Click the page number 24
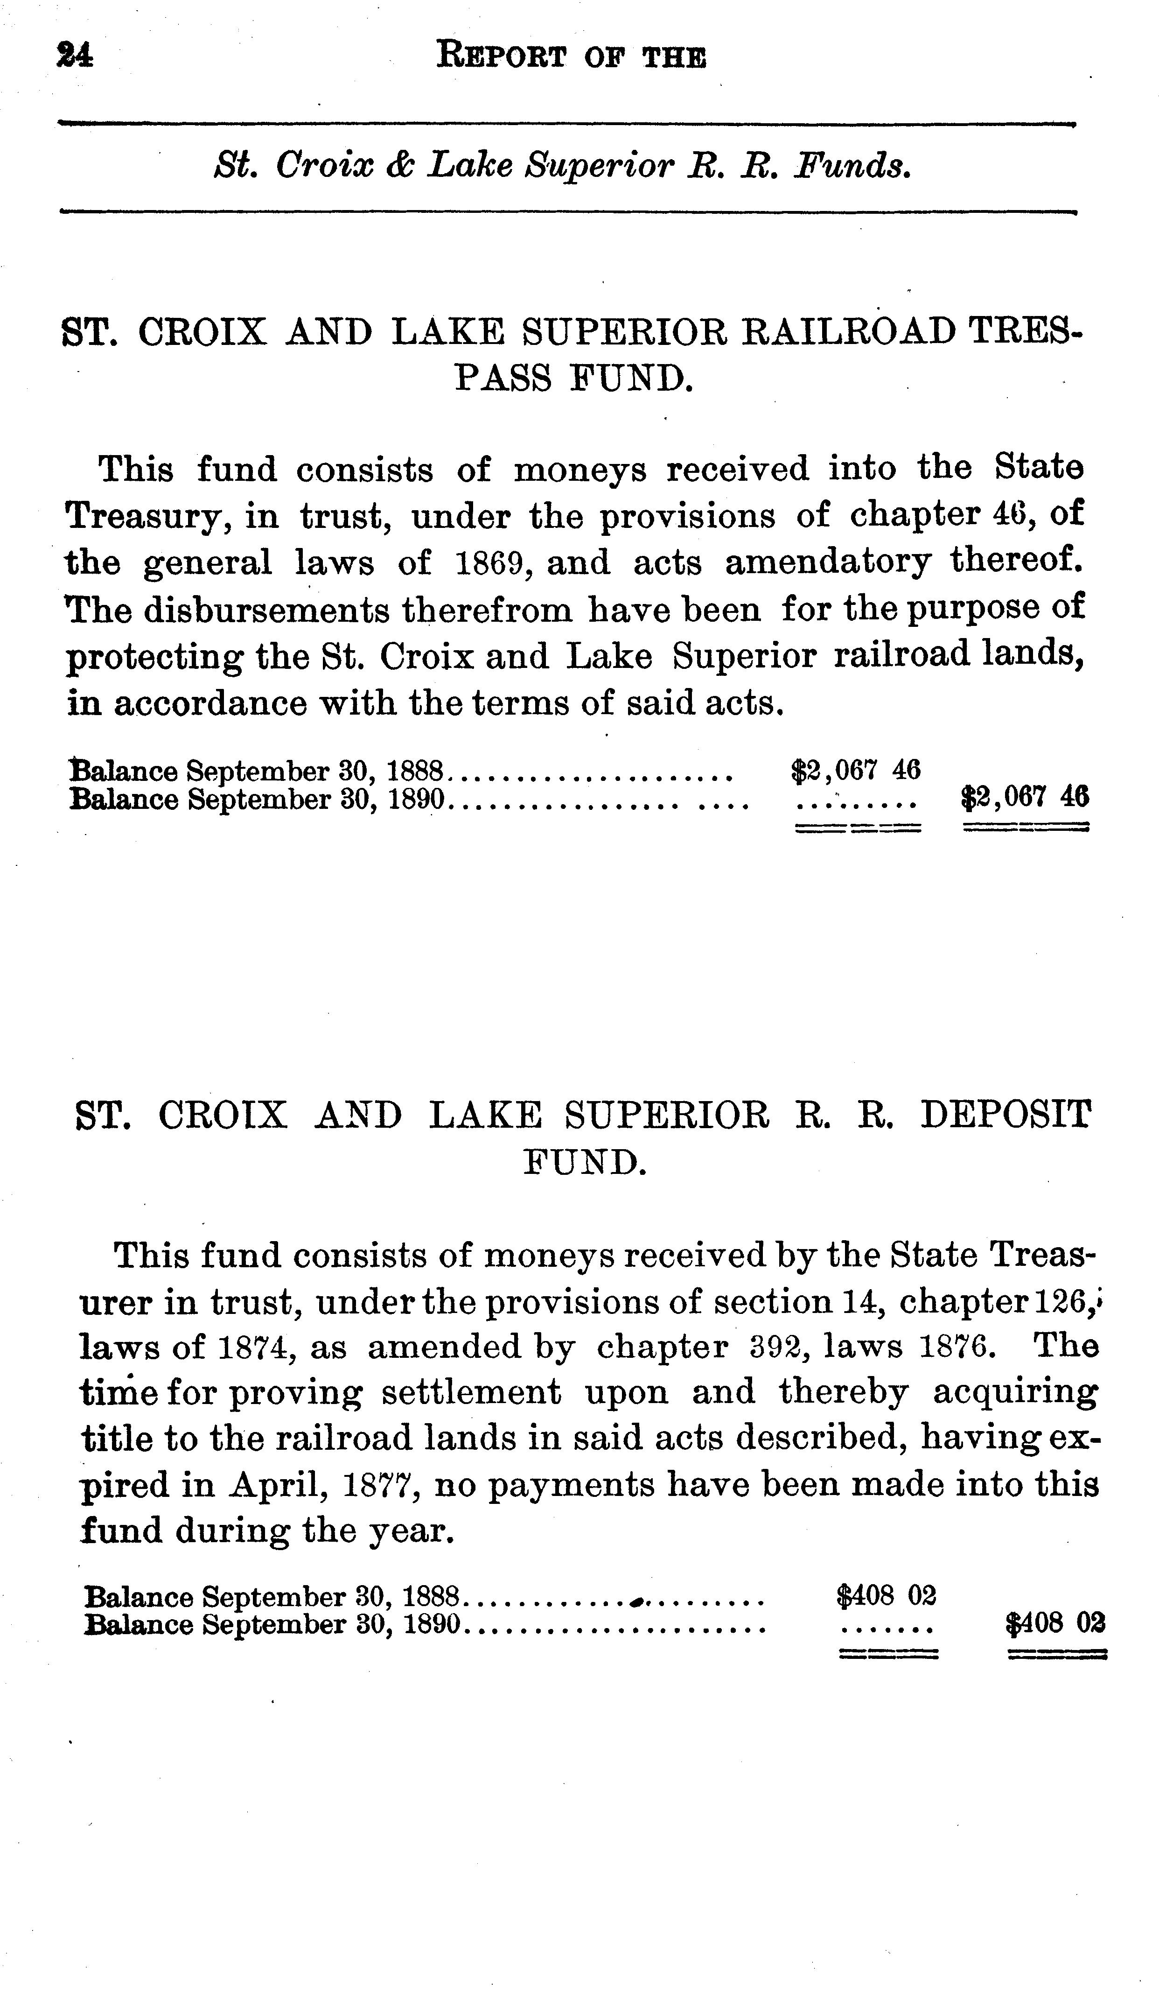[74, 56]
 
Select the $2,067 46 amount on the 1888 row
[856, 769]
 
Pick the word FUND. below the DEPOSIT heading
[586, 1163]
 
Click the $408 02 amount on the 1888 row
[886, 1595]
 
